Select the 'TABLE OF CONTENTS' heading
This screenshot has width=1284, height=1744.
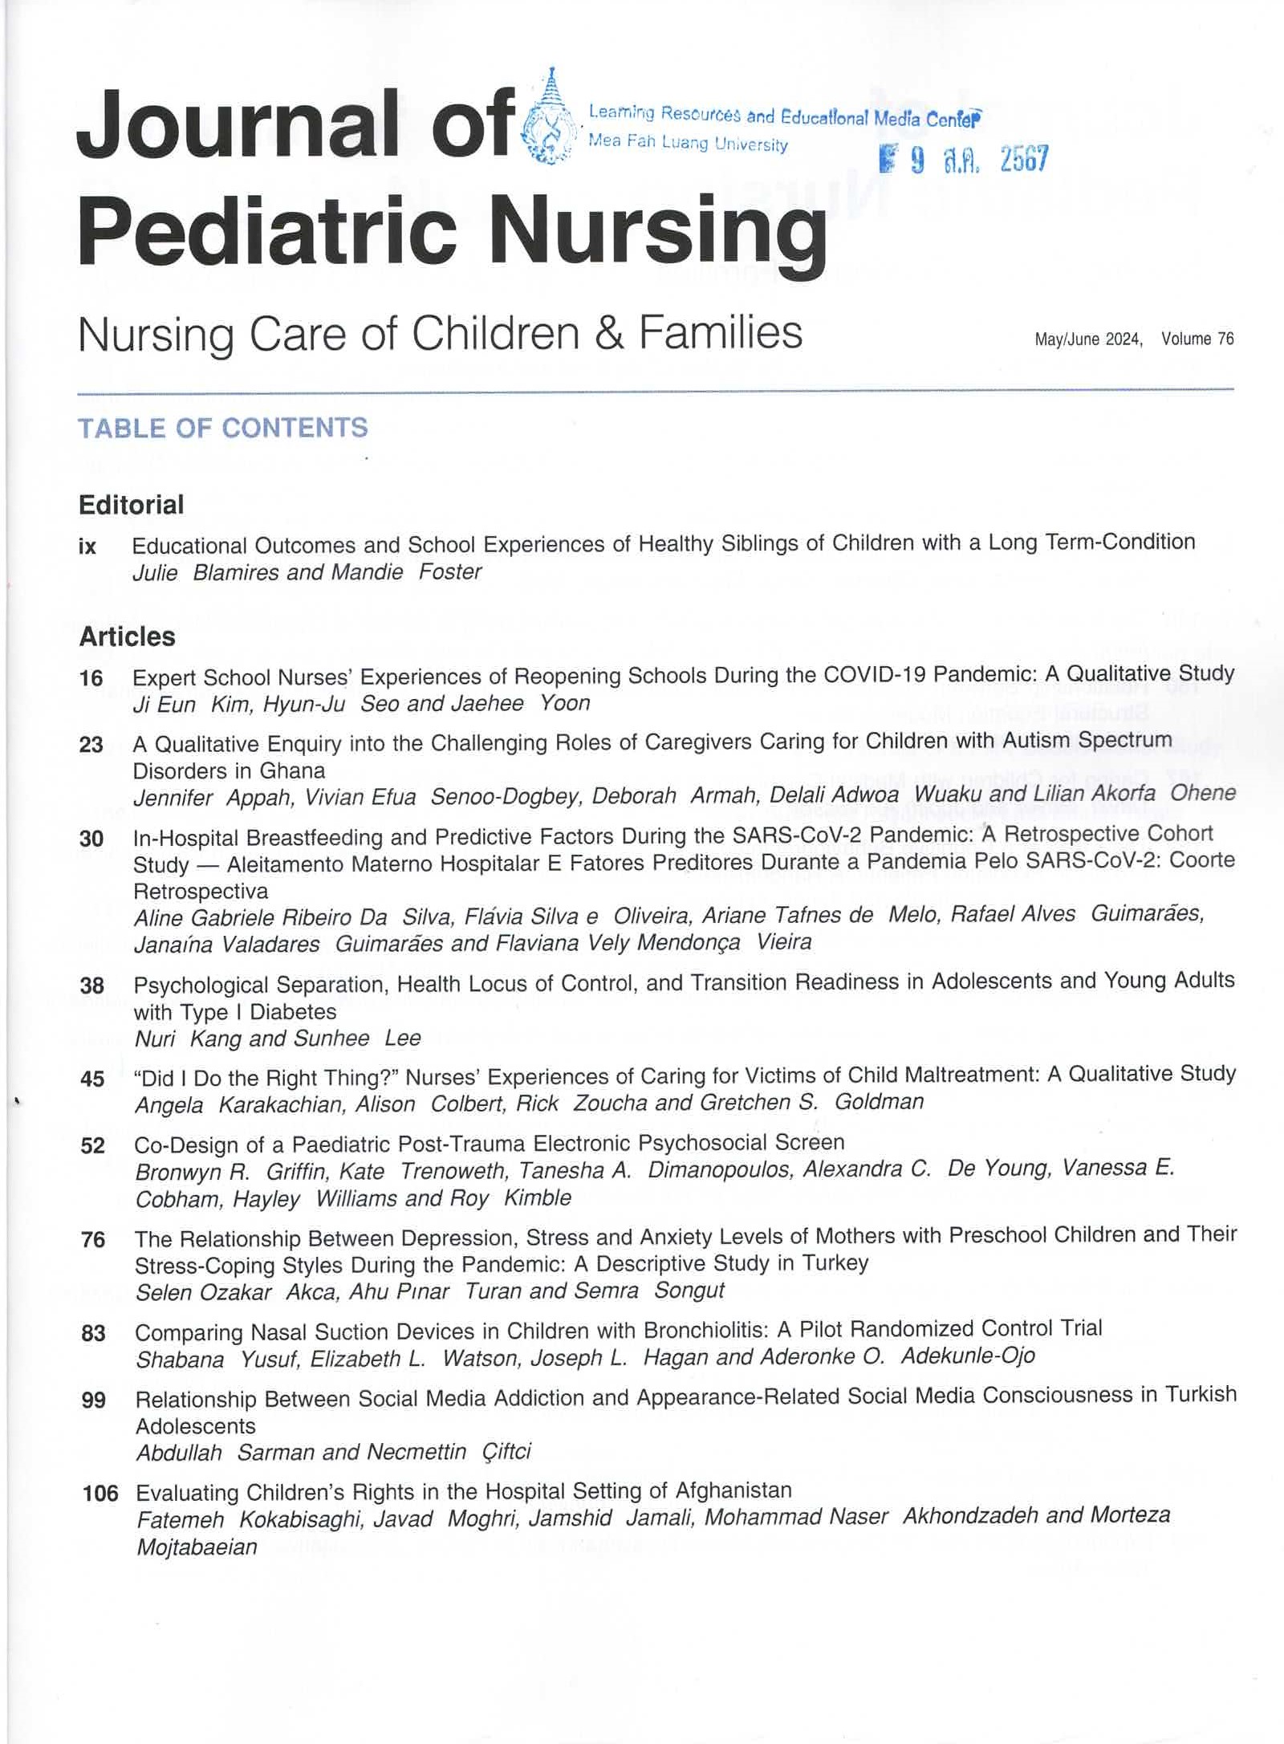[x=222, y=428]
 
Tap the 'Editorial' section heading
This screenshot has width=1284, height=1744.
[x=131, y=505]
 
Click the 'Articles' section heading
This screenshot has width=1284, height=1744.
[x=127, y=636]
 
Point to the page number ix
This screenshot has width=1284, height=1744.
[x=87, y=547]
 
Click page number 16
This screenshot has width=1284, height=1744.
[x=91, y=678]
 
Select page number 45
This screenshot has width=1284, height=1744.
[x=93, y=1079]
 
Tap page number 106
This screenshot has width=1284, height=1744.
[x=100, y=1494]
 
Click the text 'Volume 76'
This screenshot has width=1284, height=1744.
[x=1197, y=339]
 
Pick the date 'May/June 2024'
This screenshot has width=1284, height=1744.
[x=1087, y=339]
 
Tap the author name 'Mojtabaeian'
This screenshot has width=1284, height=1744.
[x=197, y=1547]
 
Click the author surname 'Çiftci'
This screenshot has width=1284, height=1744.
[x=506, y=1452]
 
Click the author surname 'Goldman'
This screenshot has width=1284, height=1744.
[x=879, y=1102]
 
